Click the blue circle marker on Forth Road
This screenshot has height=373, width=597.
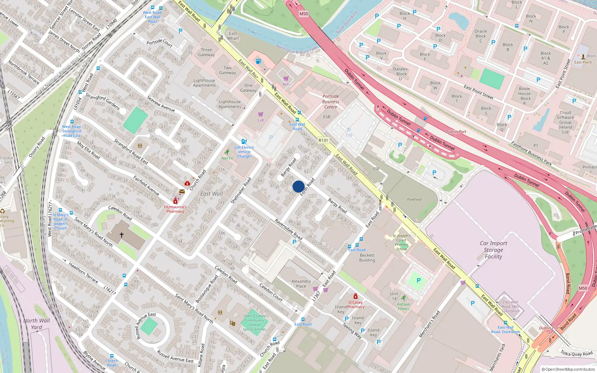point(298,186)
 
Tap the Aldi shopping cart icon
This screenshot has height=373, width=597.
point(286,79)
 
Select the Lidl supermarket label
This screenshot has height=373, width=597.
point(261,120)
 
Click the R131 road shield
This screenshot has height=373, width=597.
point(323,140)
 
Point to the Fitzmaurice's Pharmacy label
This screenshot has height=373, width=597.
point(175,209)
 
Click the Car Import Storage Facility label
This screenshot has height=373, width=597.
point(493,250)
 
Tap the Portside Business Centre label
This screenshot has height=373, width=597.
point(331,101)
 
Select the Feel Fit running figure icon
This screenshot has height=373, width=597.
point(227,152)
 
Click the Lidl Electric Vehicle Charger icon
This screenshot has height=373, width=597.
point(244,141)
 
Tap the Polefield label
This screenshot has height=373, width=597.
point(414,200)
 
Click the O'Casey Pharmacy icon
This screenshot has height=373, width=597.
point(356,296)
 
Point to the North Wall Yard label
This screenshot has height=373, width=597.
point(37,324)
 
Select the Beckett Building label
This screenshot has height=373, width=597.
point(367,258)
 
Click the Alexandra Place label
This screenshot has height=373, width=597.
point(301,283)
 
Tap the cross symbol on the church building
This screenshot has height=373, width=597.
point(122,235)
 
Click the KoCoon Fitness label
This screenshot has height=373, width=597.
point(403,306)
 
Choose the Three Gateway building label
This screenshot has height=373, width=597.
point(206,52)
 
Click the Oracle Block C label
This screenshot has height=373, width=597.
point(481,36)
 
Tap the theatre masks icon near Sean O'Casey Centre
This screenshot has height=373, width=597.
point(232,323)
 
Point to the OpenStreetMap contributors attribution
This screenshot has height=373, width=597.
point(568,369)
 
